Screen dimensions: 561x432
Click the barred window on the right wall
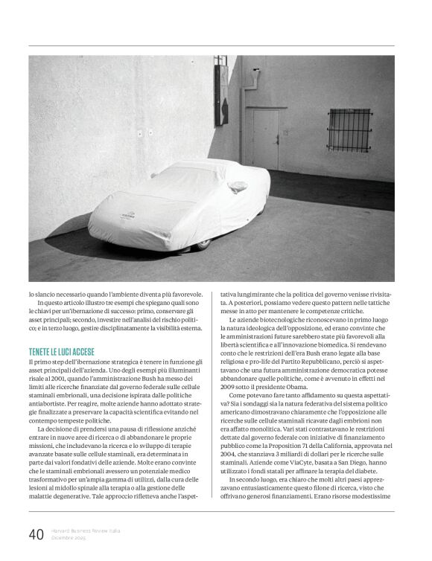(x=349, y=130)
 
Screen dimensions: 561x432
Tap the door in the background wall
(x=265, y=138)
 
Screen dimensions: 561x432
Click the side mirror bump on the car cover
(x=238, y=186)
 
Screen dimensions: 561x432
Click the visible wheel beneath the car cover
(x=203, y=243)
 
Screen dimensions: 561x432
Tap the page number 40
(x=36, y=533)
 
